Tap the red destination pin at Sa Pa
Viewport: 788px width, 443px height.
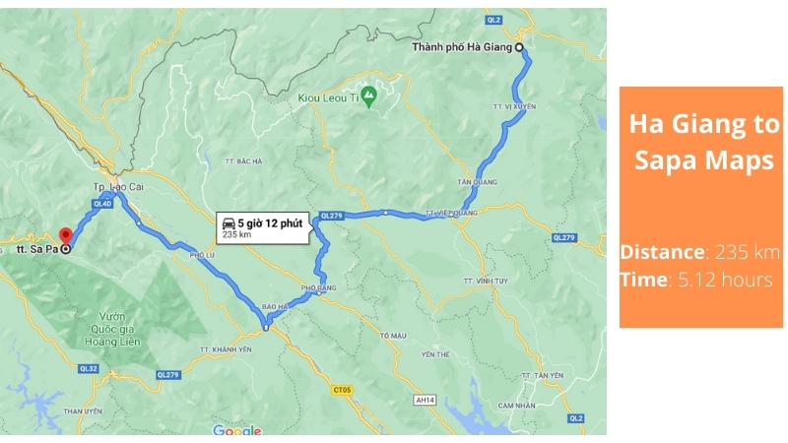pyautogui.click(x=65, y=236)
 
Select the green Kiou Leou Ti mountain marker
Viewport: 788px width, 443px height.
pyautogui.click(x=368, y=95)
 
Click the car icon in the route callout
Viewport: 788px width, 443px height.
pyautogui.click(x=229, y=222)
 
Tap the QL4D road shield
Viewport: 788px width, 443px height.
pyautogui.click(x=101, y=204)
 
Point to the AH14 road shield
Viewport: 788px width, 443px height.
pyautogui.click(x=425, y=399)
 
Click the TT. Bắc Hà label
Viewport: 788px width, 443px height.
pyautogui.click(x=243, y=161)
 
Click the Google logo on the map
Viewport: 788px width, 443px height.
pyautogui.click(x=237, y=430)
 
